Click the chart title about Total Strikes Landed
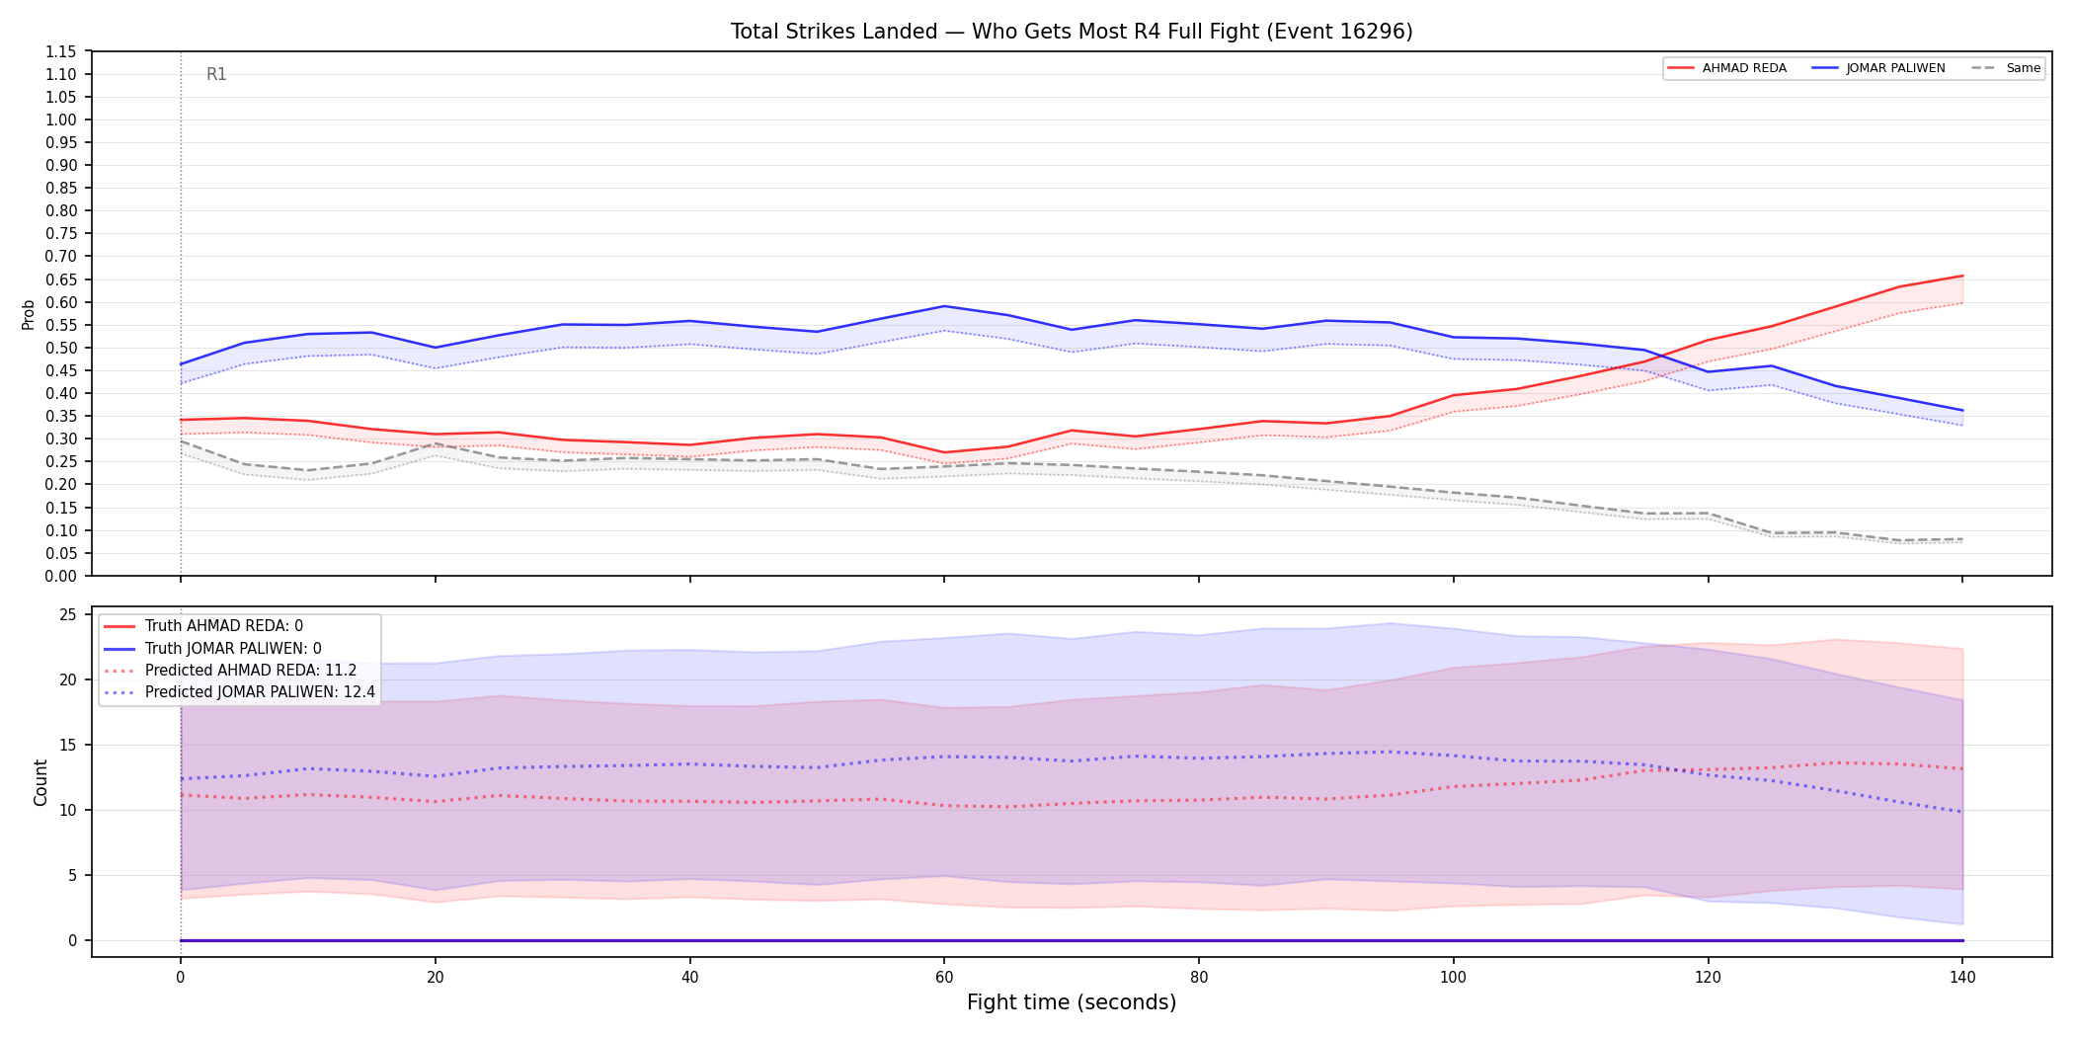pos(1072,32)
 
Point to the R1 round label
pos(216,74)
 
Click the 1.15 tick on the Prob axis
pos(60,51)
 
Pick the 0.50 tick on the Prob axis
pos(60,348)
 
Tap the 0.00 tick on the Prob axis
pos(60,576)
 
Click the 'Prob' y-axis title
pos(28,314)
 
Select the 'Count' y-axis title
pos(40,782)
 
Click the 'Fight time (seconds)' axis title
pos(1072,1002)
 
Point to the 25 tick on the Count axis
pos(68,614)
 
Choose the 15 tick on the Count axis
pos(68,745)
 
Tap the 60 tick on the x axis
pos(944,978)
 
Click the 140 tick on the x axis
pos(1962,978)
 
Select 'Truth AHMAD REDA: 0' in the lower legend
pos(224,626)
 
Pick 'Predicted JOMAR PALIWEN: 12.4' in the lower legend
pos(261,692)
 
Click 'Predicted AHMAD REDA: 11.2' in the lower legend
pos(251,671)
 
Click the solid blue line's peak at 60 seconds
pos(944,306)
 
